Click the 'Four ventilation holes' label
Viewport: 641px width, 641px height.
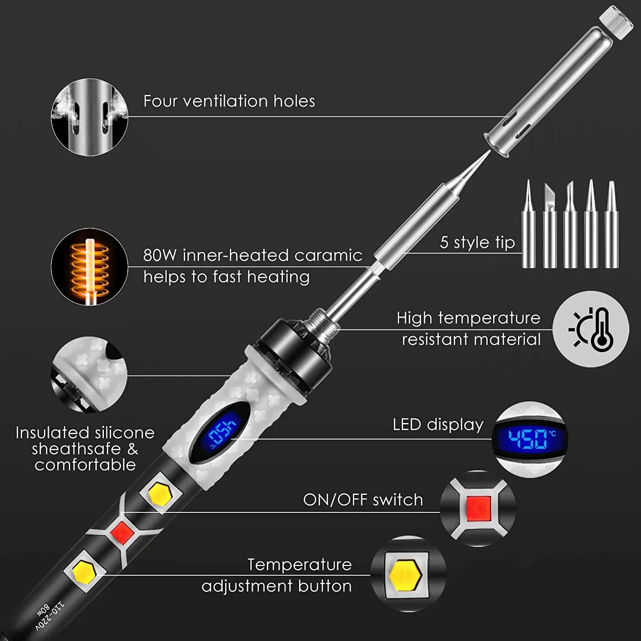point(229,101)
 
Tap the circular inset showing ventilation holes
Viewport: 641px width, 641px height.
point(89,117)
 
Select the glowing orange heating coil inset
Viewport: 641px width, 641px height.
point(89,266)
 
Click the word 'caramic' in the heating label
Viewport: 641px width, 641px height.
point(328,255)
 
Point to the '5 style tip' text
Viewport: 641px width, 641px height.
point(477,242)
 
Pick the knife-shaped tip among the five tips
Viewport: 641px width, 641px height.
point(550,224)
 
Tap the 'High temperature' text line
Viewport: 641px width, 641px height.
point(468,318)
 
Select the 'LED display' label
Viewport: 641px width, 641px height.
point(438,424)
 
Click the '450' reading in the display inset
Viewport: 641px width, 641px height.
point(528,439)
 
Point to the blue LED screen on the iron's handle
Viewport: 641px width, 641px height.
point(221,432)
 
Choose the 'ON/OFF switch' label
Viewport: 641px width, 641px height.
point(363,500)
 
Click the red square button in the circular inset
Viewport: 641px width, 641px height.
point(478,509)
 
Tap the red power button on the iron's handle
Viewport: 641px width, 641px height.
point(122,532)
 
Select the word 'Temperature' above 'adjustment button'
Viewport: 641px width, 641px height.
point(299,565)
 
